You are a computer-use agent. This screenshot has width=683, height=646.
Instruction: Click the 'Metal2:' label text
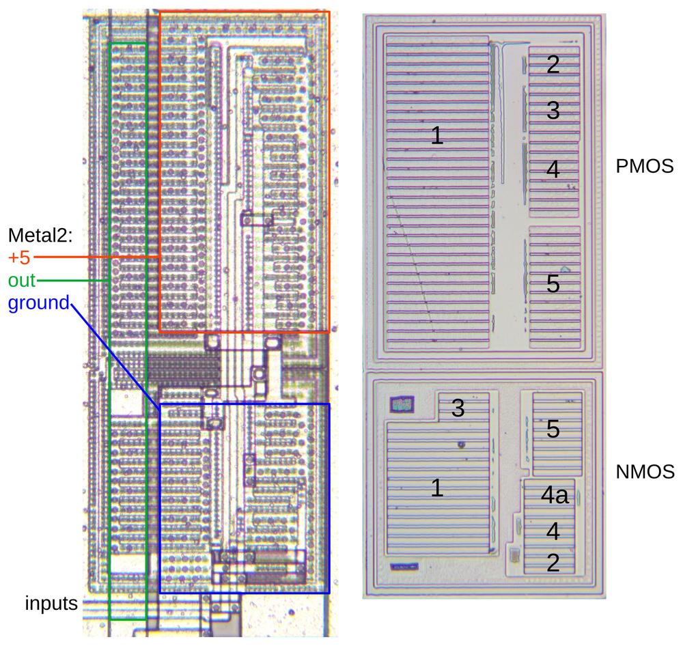[x=40, y=236]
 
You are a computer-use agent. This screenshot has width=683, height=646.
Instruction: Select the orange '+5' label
[x=19, y=258]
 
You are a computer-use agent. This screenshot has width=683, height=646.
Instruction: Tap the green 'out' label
[x=21, y=281]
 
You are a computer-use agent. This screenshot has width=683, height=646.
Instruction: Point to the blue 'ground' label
[x=38, y=303]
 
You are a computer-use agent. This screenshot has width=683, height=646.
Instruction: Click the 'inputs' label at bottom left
[x=51, y=604]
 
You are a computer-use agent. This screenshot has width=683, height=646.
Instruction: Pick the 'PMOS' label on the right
[x=645, y=166]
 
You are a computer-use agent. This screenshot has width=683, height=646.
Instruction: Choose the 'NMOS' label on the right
[x=645, y=471]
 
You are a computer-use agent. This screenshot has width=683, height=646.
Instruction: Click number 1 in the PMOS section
[x=437, y=136]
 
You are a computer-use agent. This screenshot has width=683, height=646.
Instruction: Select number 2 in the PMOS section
[x=553, y=64]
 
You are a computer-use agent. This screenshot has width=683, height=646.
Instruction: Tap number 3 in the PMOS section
[x=553, y=110]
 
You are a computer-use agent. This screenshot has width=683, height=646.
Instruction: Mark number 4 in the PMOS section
[x=553, y=169]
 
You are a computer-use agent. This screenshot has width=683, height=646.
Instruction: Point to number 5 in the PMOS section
[x=553, y=283]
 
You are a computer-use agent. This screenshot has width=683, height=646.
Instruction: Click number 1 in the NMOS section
[x=437, y=488]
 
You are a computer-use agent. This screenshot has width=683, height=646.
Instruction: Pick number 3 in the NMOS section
[x=458, y=408]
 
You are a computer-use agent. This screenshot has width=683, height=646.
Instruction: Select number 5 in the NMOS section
[x=553, y=429]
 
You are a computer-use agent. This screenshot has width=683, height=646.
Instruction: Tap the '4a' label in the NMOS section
[x=555, y=496]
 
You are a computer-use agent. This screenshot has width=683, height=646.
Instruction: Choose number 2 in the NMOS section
[x=553, y=562]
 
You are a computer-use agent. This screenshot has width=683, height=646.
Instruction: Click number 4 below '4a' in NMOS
[x=553, y=530]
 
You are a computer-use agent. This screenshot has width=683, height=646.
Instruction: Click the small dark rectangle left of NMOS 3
[x=401, y=404]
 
